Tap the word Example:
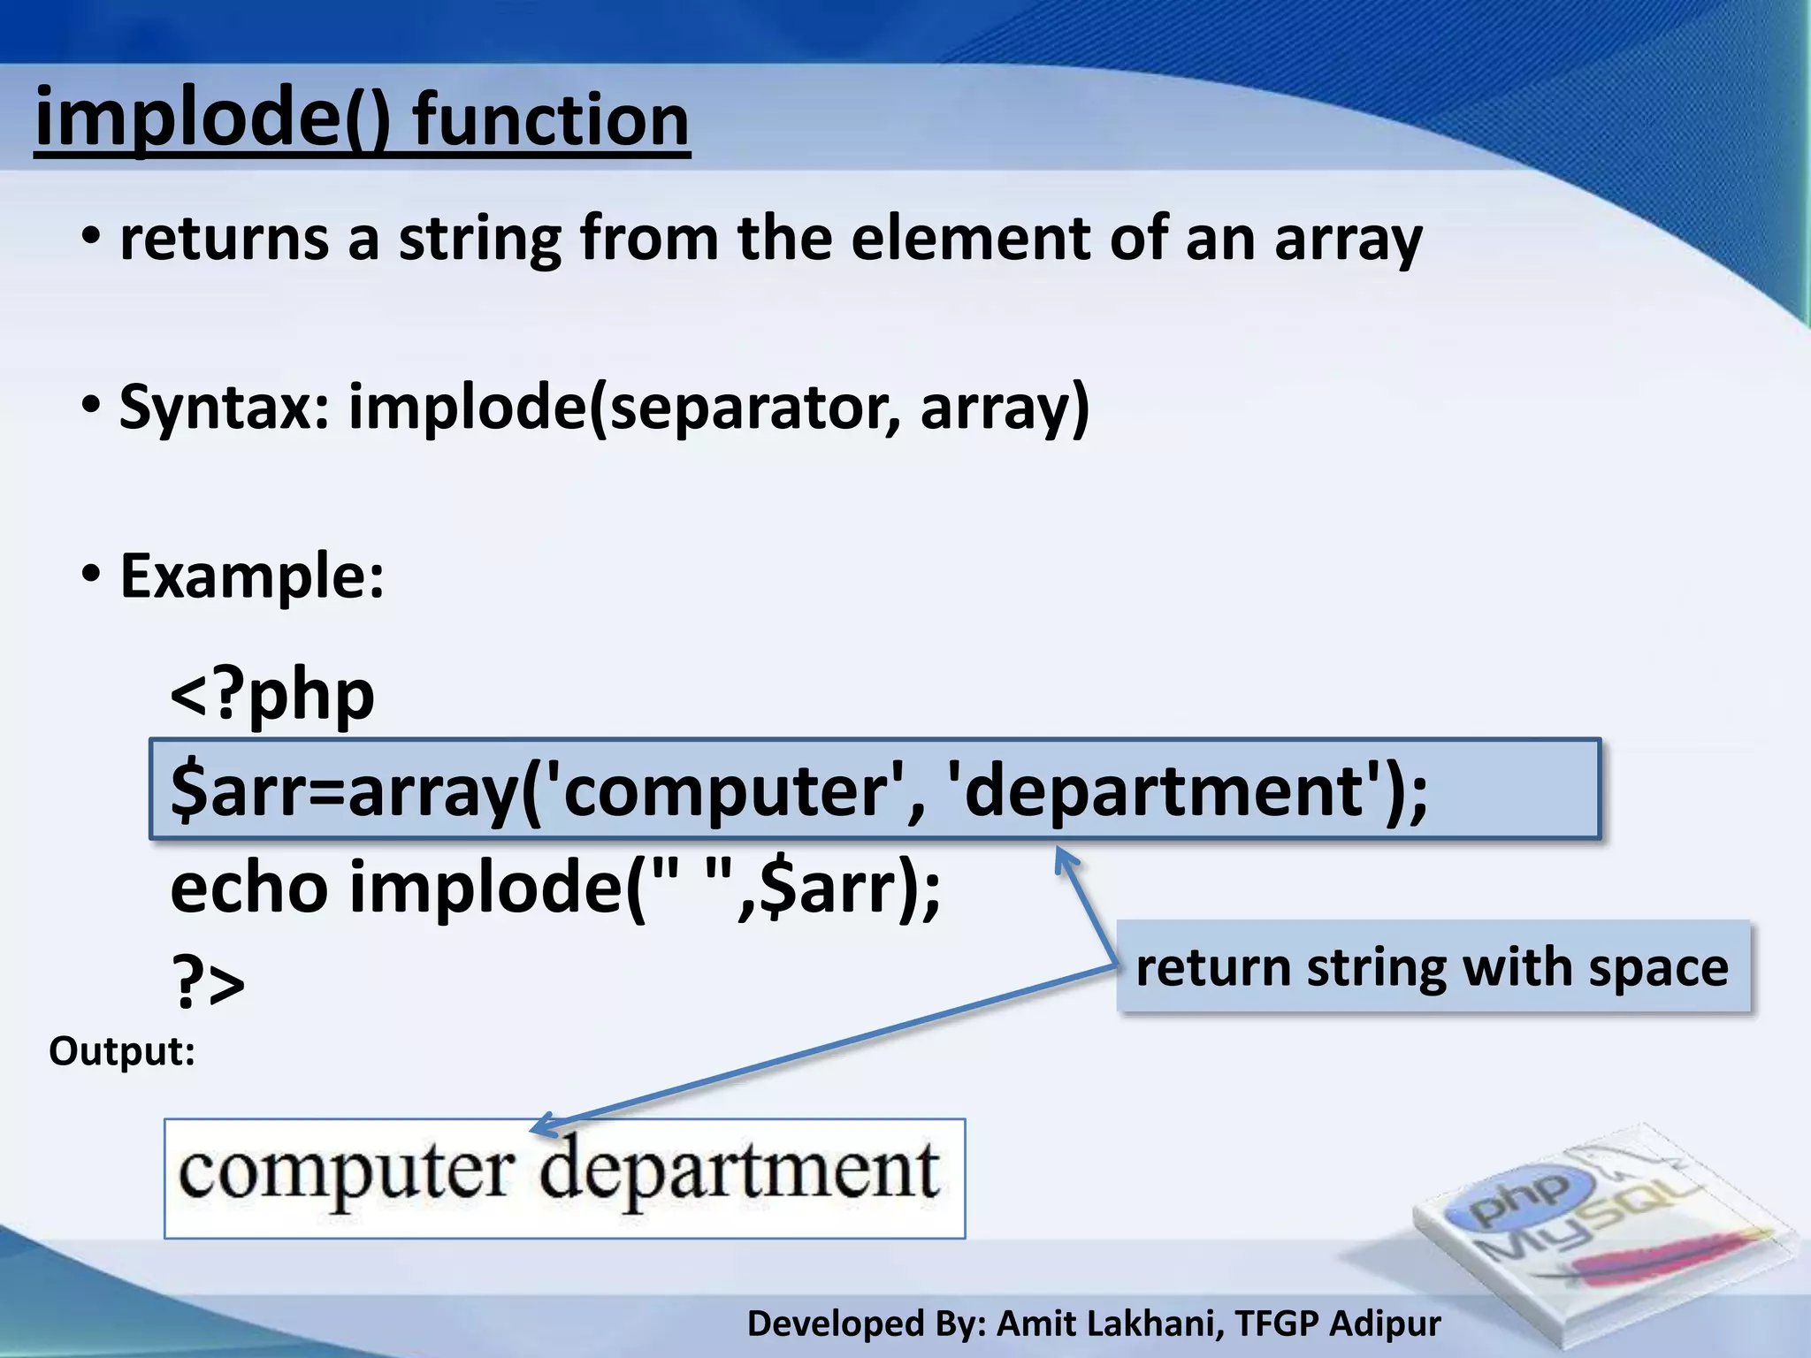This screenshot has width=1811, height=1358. (x=252, y=576)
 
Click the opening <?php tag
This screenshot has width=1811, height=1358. (x=272, y=695)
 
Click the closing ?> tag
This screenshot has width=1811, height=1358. (x=208, y=983)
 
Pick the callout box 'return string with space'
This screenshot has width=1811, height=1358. (x=1433, y=966)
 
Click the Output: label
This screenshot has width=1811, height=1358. (x=121, y=1052)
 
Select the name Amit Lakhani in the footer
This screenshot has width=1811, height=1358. (x=1111, y=1324)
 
